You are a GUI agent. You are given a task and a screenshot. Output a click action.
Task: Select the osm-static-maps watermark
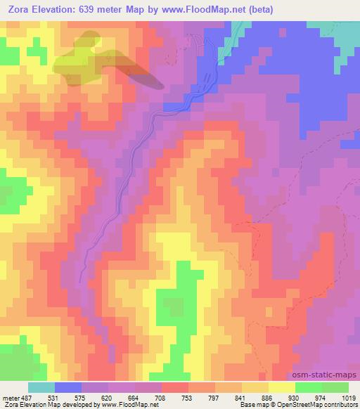(330, 375)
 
